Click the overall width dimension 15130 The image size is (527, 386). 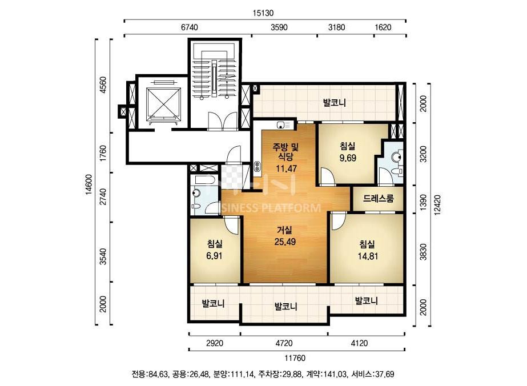click(x=263, y=13)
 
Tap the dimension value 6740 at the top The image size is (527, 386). click(x=190, y=27)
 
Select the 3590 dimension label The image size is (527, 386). click(x=279, y=27)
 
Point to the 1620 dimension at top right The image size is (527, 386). click(x=383, y=27)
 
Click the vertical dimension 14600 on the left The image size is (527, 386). click(x=88, y=184)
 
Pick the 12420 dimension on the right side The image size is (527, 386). click(x=437, y=205)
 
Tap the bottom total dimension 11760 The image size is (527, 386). click(x=295, y=358)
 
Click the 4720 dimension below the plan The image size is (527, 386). click(x=284, y=343)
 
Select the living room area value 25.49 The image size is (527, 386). click(x=285, y=242)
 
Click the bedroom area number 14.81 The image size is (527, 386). click(x=368, y=256)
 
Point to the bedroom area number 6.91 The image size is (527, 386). click(x=215, y=256)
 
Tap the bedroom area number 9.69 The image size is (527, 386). click(x=348, y=158)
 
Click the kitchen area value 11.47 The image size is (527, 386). click(x=287, y=168)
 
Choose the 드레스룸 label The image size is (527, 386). click(x=378, y=198)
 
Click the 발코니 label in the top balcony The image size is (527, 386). click(x=335, y=103)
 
